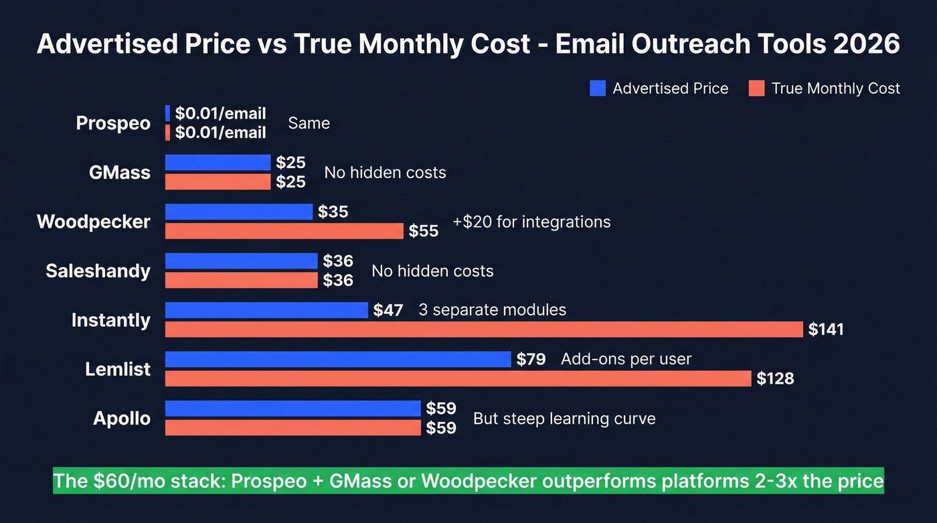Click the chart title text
click(x=468, y=44)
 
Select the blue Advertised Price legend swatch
click(x=598, y=88)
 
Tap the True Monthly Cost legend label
click(x=835, y=88)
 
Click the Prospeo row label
click(x=113, y=123)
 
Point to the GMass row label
click(x=120, y=173)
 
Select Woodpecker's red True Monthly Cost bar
click(x=284, y=231)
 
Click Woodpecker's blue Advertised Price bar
click(x=239, y=212)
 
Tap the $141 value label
click(x=826, y=329)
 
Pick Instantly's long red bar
click(x=484, y=329)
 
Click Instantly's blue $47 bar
click(x=266, y=310)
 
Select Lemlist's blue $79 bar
click(x=338, y=359)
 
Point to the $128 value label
click(x=775, y=378)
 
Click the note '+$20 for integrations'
click(x=531, y=222)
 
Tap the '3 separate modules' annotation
click(x=492, y=310)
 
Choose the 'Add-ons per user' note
click(x=626, y=359)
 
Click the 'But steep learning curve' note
click(x=564, y=419)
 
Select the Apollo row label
click(x=122, y=419)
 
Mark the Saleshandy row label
click(x=98, y=271)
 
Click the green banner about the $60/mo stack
click(x=468, y=481)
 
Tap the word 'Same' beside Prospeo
click(x=309, y=123)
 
